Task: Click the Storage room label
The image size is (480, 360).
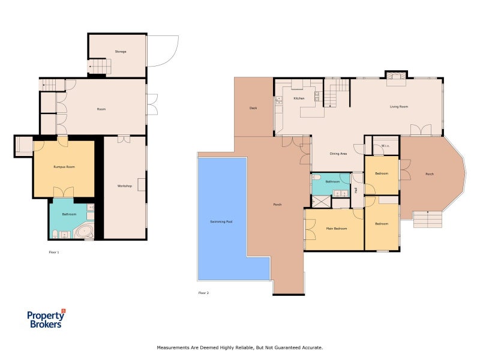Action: (x=121, y=52)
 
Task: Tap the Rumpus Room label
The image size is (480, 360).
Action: (x=64, y=166)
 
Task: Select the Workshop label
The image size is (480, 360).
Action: (x=124, y=186)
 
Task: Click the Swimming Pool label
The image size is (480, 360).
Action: (x=221, y=221)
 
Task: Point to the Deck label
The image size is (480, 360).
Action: (x=253, y=109)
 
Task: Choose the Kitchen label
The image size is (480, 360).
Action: (x=299, y=98)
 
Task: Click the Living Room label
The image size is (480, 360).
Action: (x=399, y=107)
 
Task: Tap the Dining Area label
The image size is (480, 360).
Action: (x=338, y=154)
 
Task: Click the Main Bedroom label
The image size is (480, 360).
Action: (x=337, y=228)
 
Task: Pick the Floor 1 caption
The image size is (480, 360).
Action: (x=53, y=252)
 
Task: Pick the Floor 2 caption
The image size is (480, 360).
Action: (x=203, y=293)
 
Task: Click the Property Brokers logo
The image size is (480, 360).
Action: (x=46, y=319)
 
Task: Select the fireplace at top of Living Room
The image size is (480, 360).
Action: (x=395, y=76)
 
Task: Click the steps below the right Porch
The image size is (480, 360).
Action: (x=428, y=219)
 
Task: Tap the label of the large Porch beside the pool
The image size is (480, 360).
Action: (x=277, y=205)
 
